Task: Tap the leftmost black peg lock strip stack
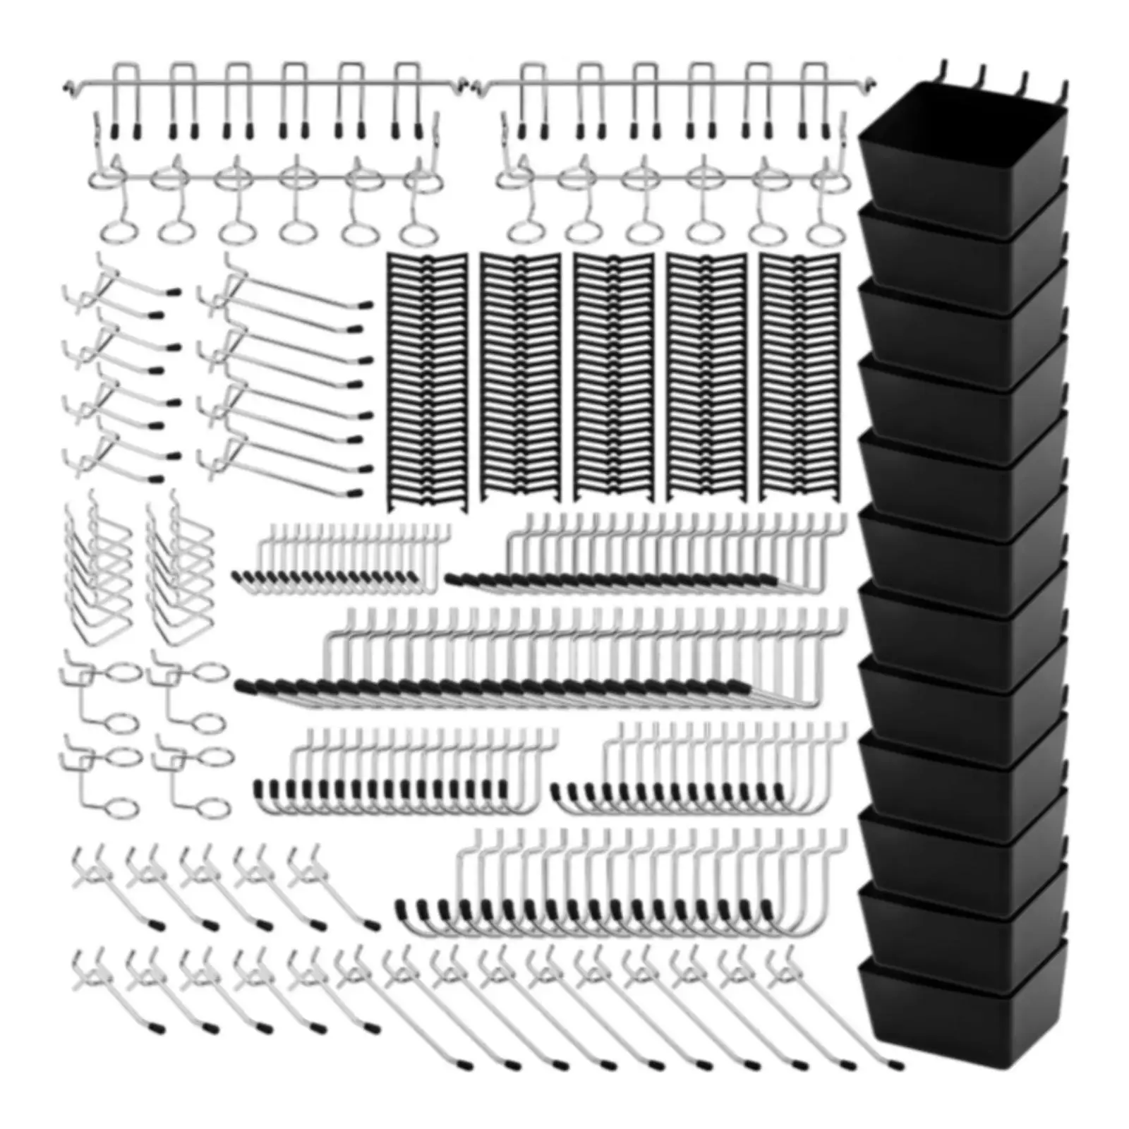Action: (x=427, y=381)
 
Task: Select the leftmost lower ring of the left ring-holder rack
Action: (x=114, y=230)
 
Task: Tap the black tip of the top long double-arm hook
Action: (x=366, y=306)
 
